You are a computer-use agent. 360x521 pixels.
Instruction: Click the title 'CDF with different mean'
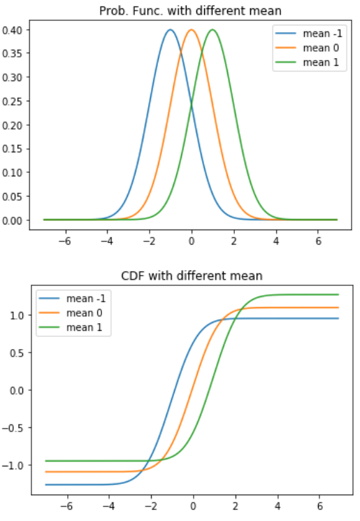tap(191, 276)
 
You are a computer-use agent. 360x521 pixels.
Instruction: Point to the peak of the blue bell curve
tap(170, 29)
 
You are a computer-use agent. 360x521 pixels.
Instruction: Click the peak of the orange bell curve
tap(192, 29)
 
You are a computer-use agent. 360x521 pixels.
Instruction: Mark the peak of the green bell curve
tap(213, 29)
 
